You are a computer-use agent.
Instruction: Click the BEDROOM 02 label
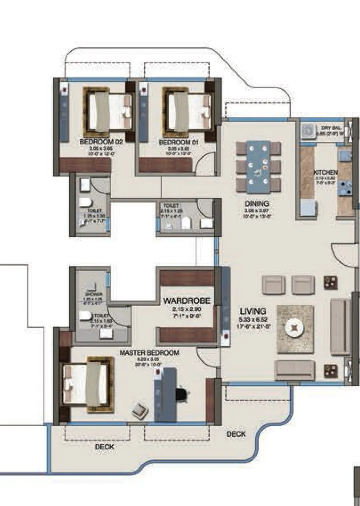101,142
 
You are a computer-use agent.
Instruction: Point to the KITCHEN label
326,173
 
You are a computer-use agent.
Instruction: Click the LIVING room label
253,311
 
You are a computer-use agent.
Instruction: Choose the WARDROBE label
186,300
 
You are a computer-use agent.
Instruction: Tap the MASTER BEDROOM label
149,353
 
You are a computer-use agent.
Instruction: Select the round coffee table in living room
295,329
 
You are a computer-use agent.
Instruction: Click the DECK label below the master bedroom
104,446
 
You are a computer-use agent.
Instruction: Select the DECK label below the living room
236,434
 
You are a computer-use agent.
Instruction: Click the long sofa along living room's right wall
340,327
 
